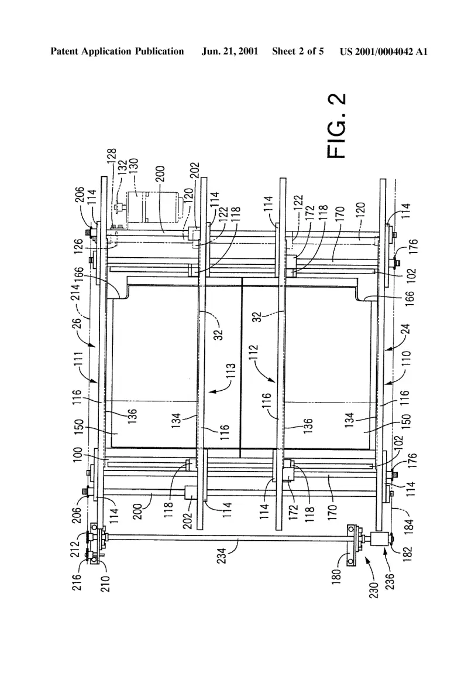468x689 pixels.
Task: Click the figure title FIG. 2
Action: (337, 125)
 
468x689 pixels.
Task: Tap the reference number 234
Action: (222, 555)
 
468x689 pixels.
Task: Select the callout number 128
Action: (112, 157)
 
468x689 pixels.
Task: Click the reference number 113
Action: (231, 370)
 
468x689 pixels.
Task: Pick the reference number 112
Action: (254, 353)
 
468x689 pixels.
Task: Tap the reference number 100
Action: (77, 455)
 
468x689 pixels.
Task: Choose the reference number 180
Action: (336, 578)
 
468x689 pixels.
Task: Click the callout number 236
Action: (390, 581)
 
